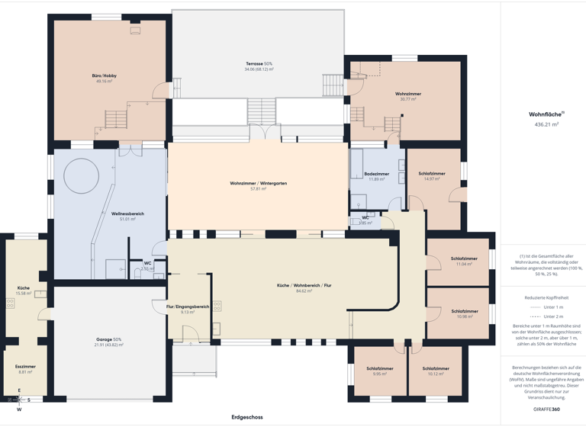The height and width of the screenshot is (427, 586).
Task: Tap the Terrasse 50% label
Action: point(259,63)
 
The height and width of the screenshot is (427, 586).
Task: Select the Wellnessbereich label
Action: point(127,213)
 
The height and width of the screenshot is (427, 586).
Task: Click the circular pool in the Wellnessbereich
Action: point(82,177)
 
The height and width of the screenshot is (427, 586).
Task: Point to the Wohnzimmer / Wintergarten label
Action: point(258,183)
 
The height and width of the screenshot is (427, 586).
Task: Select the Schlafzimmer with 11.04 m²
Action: point(465,258)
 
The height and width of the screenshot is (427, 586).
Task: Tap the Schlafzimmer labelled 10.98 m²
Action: point(465,311)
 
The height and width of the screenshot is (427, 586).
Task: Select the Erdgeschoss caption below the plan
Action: point(247,417)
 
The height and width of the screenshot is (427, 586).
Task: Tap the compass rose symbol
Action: point(19,400)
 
